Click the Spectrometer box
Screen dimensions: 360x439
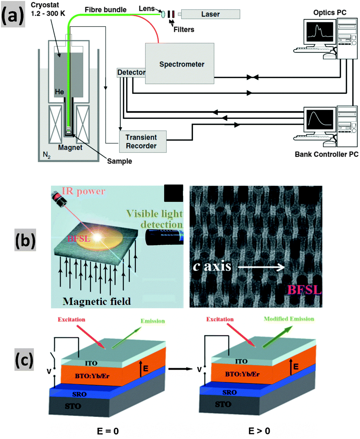click(x=180, y=63)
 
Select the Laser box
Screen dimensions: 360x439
click(x=210, y=14)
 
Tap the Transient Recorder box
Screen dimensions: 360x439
click(x=143, y=141)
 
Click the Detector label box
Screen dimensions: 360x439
click(x=131, y=72)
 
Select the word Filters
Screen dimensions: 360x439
click(x=184, y=30)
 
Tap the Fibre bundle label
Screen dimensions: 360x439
click(x=105, y=10)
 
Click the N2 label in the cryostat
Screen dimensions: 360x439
click(x=47, y=155)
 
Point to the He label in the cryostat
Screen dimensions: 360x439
click(x=59, y=92)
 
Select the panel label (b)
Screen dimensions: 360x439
click(x=25, y=240)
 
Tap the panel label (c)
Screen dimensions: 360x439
click(x=24, y=360)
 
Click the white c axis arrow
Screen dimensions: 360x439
click(x=261, y=267)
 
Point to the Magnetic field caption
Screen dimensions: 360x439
click(x=97, y=301)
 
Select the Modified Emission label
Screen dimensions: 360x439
click(x=289, y=319)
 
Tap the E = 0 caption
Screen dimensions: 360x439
click(x=108, y=431)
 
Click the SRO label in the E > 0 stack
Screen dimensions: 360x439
click(x=229, y=392)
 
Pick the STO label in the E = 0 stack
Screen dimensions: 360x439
click(x=73, y=406)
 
